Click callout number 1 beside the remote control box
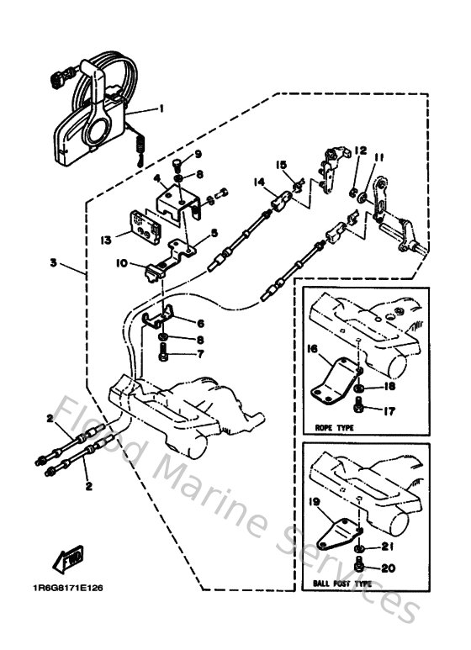click(x=161, y=108)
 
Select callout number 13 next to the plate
click(x=105, y=240)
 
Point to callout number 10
click(x=121, y=264)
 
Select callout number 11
click(x=379, y=156)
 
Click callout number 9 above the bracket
click(x=199, y=154)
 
